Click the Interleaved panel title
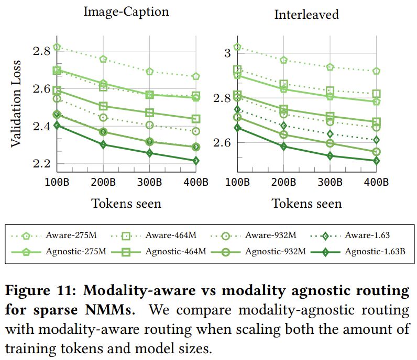(306, 14)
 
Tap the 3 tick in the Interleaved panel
(227, 52)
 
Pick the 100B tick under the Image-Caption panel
(57, 183)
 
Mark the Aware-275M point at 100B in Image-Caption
(57, 47)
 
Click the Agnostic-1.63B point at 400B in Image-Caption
(195, 161)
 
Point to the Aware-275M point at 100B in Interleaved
(237, 47)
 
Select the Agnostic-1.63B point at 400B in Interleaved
(376, 161)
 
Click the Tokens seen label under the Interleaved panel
(306, 204)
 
